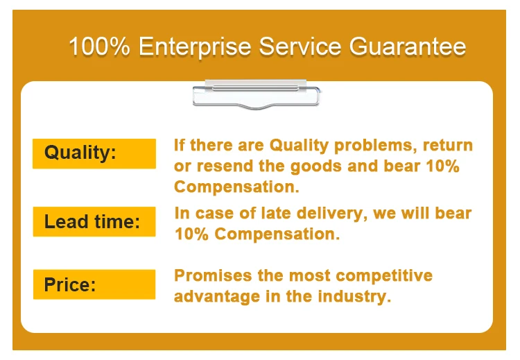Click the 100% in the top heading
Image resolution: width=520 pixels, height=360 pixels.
click(99, 46)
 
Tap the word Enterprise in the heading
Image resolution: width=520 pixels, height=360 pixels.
click(195, 47)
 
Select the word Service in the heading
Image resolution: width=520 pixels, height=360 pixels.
click(300, 46)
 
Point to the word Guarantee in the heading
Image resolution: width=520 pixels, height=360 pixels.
click(408, 46)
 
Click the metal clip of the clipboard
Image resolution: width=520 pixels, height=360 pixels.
click(256, 94)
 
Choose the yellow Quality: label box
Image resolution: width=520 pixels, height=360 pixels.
click(94, 153)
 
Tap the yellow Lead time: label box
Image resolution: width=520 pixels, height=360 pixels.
click(94, 222)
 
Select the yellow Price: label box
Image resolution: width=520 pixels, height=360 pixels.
click(94, 284)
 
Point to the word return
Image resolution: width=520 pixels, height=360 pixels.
click(448, 146)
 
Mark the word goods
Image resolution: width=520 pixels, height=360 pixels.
click(315, 166)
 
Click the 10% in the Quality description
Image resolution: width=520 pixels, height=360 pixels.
click(443, 166)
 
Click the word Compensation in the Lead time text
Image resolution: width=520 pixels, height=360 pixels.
click(277, 234)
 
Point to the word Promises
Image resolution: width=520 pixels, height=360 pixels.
click(213, 275)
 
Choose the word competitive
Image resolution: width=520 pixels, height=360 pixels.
click(384, 276)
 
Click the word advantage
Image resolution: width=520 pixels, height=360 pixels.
click(217, 297)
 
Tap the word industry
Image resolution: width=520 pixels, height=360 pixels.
click(354, 296)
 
